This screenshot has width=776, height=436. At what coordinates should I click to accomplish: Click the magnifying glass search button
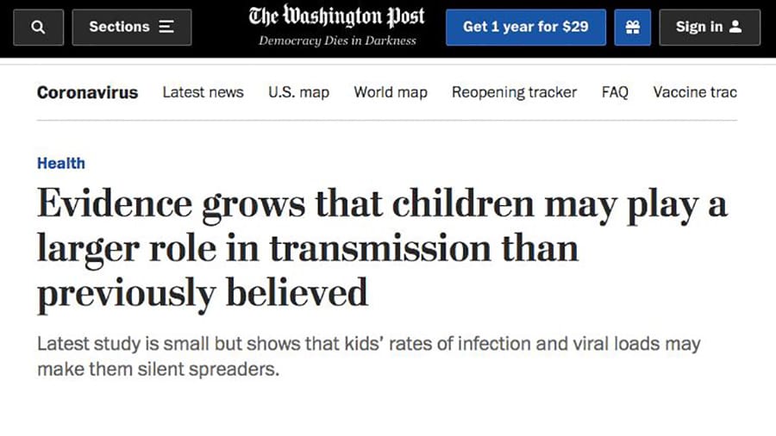pos(37,28)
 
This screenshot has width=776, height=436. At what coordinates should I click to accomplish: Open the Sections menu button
pos(131,28)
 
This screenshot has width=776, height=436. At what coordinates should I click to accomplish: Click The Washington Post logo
pos(336,17)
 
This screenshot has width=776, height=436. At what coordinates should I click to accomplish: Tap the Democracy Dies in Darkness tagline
pos(337,40)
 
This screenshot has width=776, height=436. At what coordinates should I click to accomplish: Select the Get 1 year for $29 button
pos(526,28)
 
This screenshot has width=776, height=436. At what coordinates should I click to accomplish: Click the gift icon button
pos(632,28)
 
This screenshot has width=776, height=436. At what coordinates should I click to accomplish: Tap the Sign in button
pos(708,28)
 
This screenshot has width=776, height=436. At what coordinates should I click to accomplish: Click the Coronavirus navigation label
pos(87,92)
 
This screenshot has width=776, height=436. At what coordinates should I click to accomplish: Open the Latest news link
pos(203,92)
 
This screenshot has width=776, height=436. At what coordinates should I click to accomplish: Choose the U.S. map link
pos(298,92)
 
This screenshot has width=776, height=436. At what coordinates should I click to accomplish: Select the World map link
pos(391,92)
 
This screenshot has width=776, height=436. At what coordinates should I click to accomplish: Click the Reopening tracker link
pos(514,92)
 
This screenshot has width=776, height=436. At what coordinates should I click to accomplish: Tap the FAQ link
pos(615,92)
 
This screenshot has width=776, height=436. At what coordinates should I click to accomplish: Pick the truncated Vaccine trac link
pos(695,92)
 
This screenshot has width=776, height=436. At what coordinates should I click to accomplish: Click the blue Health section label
pos(60,163)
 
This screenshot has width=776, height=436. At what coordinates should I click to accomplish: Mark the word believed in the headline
pos(297,292)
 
